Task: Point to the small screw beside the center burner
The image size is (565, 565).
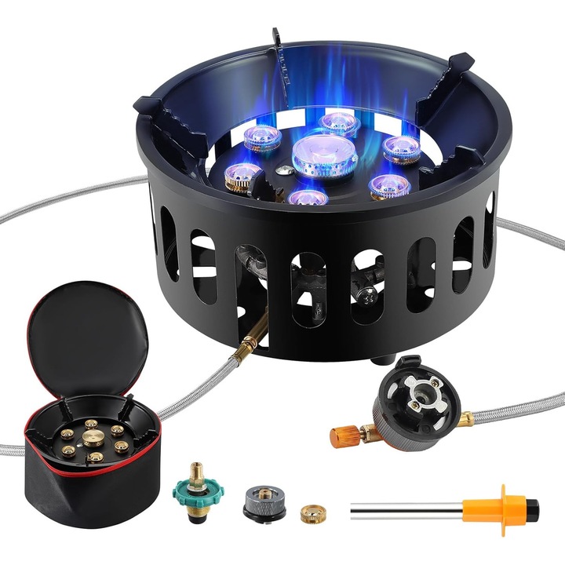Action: (x=281, y=169)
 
